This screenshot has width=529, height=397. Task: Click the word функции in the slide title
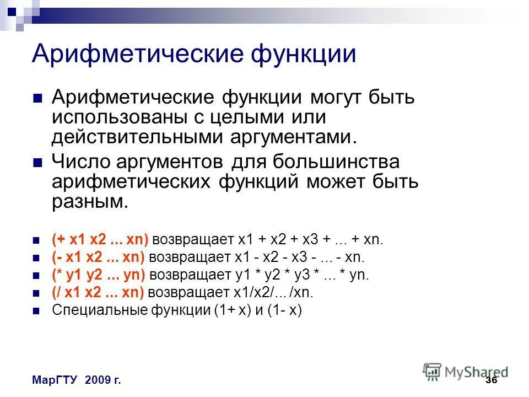[x=304, y=53]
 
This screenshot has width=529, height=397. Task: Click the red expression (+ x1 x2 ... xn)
[x=100, y=240]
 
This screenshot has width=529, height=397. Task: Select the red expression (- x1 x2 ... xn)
[x=98, y=257]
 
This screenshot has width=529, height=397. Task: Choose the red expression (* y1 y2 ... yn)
[x=99, y=275]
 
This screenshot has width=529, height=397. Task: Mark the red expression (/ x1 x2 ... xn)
[x=98, y=292]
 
